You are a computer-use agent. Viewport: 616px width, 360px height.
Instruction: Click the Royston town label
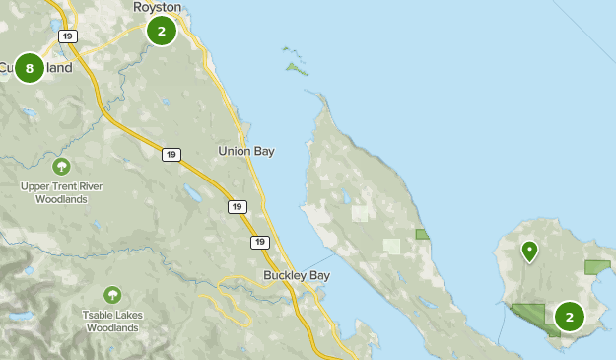coord(158,7)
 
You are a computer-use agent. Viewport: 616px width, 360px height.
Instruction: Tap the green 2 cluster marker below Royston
coord(161,31)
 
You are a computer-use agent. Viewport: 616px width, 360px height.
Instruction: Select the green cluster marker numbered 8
coord(30,68)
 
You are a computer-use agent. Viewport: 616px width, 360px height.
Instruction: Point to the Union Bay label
coord(245,151)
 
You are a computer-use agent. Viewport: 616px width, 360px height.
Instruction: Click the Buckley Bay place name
coord(296,275)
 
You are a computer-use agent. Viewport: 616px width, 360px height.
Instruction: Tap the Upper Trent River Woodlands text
coord(61,192)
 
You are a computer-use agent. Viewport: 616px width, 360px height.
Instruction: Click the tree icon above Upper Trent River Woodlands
coord(61,166)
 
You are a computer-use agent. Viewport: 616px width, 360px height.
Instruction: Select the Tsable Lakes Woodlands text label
coord(112,322)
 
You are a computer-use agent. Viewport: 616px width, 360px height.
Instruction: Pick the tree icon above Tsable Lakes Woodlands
coord(112,294)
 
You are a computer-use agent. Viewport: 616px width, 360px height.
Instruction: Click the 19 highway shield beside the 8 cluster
coord(67,36)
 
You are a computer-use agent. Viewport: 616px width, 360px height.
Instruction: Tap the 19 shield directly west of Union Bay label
coord(171,154)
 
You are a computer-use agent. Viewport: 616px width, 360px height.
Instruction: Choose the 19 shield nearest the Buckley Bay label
coord(259,242)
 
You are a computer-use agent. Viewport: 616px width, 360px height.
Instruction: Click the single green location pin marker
coord(529,251)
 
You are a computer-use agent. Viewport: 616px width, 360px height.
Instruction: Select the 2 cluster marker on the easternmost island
coord(569,317)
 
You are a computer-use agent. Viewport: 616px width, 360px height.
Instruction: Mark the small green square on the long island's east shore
coord(423,234)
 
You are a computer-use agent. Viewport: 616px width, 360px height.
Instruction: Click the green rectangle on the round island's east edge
coord(597,266)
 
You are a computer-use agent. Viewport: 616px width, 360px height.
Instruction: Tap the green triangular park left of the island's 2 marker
coord(533,314)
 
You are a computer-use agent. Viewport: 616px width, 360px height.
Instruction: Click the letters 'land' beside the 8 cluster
coord(57,68)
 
